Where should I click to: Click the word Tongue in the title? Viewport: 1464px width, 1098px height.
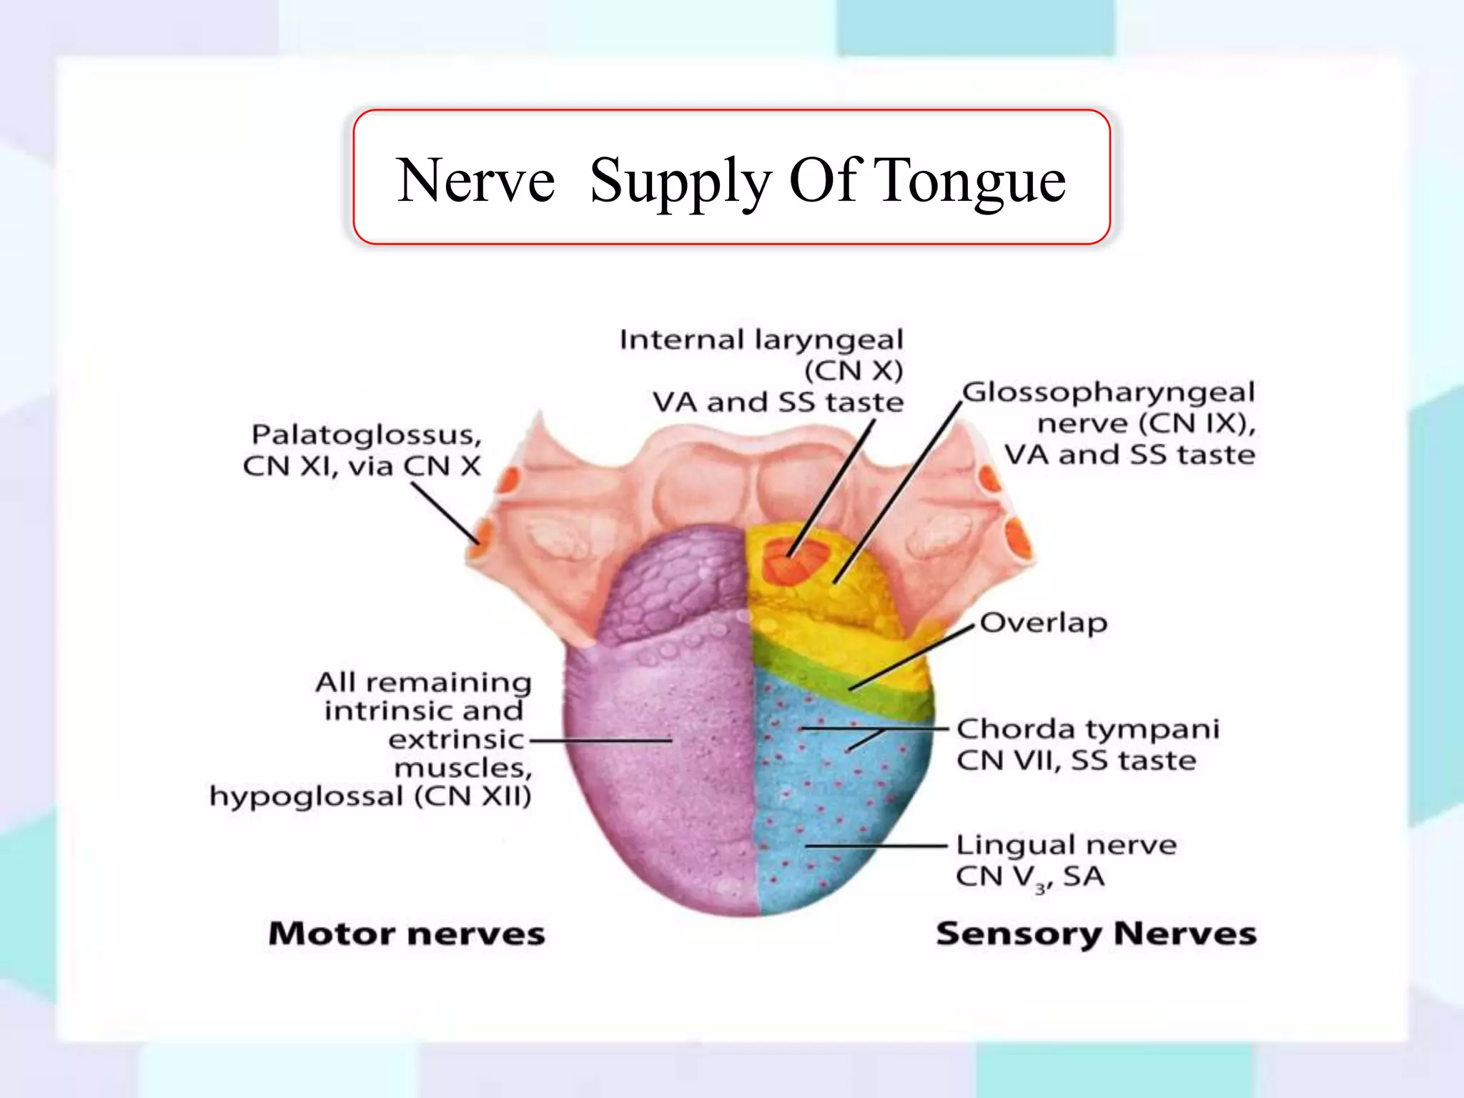click(970, 182)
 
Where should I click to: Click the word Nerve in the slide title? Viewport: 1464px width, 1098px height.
click(476, 181)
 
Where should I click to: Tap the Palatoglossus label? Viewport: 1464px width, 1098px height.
click(367, 435)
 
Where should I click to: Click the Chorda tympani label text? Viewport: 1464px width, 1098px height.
click(1087, 730)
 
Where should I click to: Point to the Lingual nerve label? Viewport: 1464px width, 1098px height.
click(1066, 845)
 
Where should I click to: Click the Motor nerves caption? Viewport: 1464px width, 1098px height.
click(407, 934)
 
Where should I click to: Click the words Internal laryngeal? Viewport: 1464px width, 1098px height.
click(761, 340)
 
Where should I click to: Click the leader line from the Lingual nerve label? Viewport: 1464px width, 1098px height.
click(876, 846)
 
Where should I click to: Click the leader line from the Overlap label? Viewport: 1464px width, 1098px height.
click(911, 657)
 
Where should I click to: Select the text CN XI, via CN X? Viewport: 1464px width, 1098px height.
click(362, 467)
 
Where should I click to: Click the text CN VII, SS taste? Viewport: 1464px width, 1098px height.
click(1076, 761)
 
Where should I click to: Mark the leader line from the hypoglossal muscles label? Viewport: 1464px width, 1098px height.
click(600, 741)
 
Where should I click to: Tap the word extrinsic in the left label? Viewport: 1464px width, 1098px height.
click(456, 740)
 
